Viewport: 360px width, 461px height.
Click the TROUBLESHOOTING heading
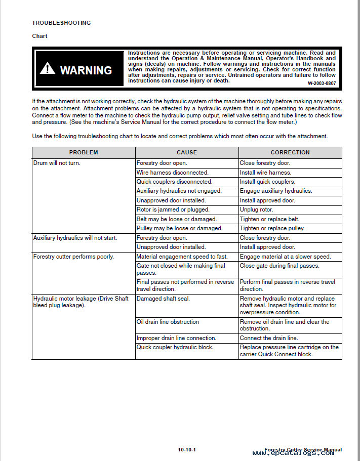[x=61, y=23]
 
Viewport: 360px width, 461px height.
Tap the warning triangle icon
[x=47, y=68]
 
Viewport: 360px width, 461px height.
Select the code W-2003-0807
[x=322, y=82]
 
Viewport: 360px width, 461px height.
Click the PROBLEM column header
[x=84, y=152]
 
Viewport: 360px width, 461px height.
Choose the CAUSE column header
[x=187, y=152]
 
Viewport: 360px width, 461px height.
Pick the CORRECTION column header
[x=290, y=152]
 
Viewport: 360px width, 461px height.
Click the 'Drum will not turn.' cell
[x=57, y=163]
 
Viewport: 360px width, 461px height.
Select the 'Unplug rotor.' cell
[x=256, y=209]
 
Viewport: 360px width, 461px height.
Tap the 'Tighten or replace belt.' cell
[x=269, y=219]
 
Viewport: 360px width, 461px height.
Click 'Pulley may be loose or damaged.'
[x=179, y=228]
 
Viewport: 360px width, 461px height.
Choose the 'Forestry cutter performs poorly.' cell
[x=73, y=257]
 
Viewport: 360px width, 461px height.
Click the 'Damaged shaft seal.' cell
[x=163, y=299]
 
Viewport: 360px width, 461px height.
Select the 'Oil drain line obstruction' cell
[x=168, y=322]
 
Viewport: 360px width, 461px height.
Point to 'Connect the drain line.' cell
[x=269, y=338]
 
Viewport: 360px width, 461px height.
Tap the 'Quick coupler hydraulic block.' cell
[x=175, y=347]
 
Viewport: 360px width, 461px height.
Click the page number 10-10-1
[x=187, y=450]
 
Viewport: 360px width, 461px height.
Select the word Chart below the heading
[x=39, y=36]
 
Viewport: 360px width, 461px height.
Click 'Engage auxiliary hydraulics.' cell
[x=276, y=191]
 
